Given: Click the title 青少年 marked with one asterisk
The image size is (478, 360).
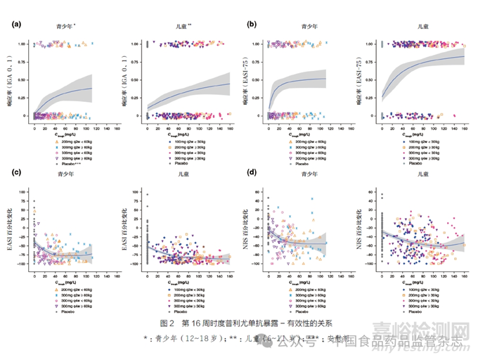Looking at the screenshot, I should click(x=67, y=26).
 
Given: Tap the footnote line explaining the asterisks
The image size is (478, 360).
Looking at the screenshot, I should click(x=239, y=338).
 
